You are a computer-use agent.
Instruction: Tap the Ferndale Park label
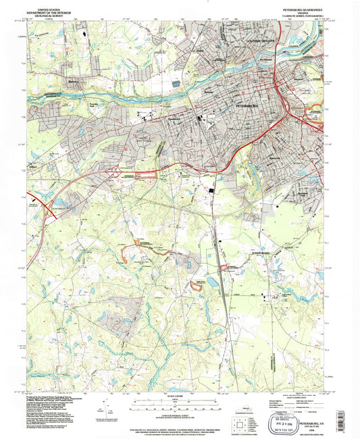point(94,103)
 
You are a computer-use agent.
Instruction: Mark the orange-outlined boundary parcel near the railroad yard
point(198,288)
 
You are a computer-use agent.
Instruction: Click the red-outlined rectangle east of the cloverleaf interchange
point(148,175)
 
